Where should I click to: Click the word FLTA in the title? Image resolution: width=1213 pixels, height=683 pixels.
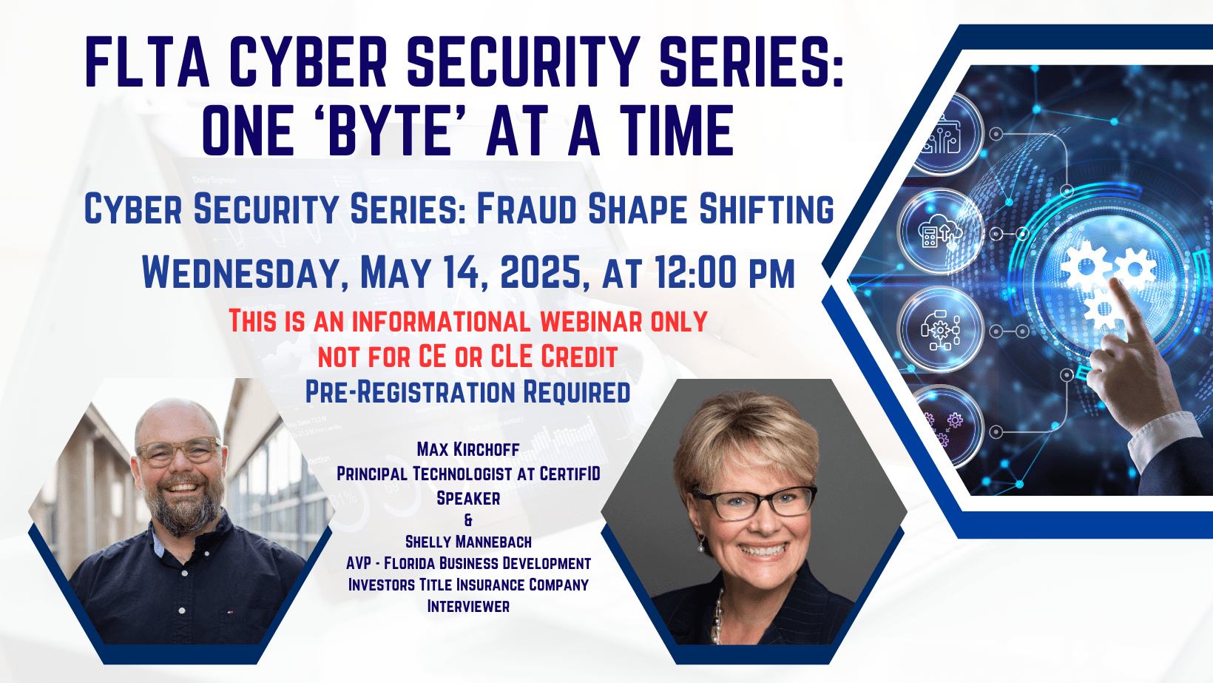click(147, 61)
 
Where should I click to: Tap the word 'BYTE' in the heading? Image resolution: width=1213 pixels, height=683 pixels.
click(391, 130)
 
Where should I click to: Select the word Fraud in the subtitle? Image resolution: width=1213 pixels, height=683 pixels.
click(526, 209)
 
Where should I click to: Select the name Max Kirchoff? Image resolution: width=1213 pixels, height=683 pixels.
click(468, 449)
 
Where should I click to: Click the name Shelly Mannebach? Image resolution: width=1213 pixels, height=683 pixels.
click(468, 542)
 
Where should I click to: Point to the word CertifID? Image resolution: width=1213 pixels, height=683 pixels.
click(570, 474)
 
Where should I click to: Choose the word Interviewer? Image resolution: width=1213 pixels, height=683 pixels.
click(468, 606)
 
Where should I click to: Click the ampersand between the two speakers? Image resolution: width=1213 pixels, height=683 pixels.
click(468, 520)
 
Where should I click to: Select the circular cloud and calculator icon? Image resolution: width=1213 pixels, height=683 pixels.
click(940, 232)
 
